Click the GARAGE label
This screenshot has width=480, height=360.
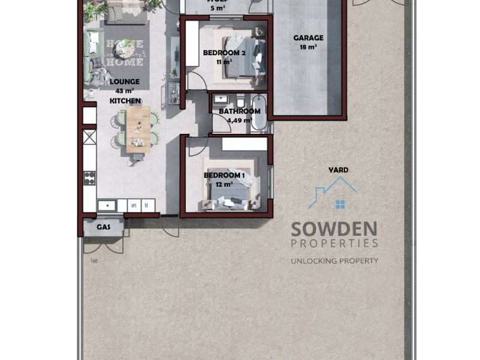(x=308, y=38)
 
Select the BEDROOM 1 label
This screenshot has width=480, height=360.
(x=224, y=175)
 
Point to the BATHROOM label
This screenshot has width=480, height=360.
(x=239, y=111)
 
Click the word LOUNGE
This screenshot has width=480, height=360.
(x=125, y=82)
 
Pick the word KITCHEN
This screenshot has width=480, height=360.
(x=125, y=101)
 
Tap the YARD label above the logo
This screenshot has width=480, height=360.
(x=338, y=170)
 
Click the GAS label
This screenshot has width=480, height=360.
(x=103, y=227)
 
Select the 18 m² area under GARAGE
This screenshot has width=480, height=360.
(x=308, y=47)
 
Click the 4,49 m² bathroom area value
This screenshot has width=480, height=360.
(x=239, y=120)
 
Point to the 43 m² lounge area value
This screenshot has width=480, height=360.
(x=125, y=91)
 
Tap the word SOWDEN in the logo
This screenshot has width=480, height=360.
(x=334, y=229)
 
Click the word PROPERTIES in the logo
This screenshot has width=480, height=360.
(x=334, y=243)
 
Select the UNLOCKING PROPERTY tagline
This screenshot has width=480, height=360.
(x=334, y=261)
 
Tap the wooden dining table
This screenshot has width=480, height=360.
(x=138, y=128)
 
